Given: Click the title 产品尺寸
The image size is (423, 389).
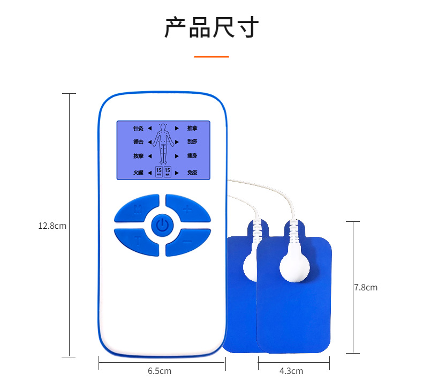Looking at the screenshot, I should [x=211, y=28].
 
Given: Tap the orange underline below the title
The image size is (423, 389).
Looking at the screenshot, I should [x=211, y=56].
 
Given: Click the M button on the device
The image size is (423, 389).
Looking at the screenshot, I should [x=137, y=209].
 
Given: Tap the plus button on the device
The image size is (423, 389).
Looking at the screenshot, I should [x=187, y=210].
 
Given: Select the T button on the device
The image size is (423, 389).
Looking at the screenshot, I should [x=137, y=241].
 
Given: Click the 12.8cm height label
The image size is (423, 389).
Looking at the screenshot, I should [x=52, y=226].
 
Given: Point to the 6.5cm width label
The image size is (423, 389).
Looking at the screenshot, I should [x=160, y=371].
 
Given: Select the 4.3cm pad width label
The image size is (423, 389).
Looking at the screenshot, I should [x=292, y=371].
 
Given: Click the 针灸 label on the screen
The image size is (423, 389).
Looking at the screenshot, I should [x=138, y=129].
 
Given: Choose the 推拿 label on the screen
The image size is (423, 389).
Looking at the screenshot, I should [x=192, y=129].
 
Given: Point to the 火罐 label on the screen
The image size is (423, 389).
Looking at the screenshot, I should [x=138, y=173].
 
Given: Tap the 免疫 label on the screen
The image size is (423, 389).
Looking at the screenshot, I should [x=192, y=173].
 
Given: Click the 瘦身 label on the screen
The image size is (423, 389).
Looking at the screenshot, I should [x=192, y=156].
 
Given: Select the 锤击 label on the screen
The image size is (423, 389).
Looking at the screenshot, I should [x=138, y=142].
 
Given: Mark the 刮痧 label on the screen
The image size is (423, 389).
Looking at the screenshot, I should [x=192, y=142].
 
